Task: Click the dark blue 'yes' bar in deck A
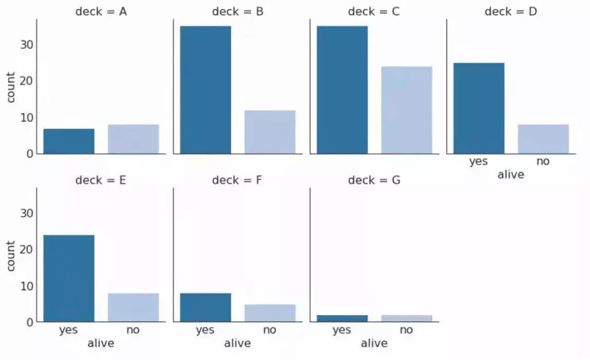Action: [69, 141]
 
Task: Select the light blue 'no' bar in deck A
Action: [133, 139]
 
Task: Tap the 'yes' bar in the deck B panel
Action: [205, 90]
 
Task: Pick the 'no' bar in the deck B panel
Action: [270, 132]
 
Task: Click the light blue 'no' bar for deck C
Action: [406, 110]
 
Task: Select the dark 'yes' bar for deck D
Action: [479, 108]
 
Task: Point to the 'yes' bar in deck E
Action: [69, 278]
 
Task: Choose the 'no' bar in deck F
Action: [270, 313]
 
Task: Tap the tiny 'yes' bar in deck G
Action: [342, 318]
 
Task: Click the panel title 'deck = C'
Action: [374, 11]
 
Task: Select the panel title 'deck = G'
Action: [374, 180]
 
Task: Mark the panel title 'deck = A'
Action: [101, 11]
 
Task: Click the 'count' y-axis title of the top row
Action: [11, 86]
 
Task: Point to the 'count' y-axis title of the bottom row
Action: [11, 255]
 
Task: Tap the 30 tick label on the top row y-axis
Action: [26, 44]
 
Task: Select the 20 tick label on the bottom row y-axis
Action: [26, 249]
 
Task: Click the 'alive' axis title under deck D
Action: [511, 175]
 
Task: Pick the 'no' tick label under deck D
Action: [543, 162]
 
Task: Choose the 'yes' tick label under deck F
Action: [205, 330]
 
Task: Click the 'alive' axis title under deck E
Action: [101, 343]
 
